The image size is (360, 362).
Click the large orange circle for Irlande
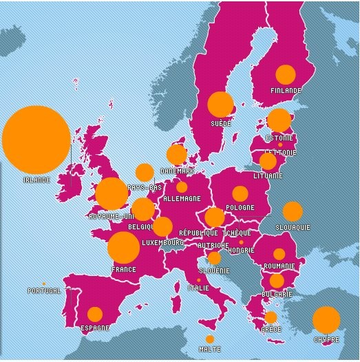pos(36,139)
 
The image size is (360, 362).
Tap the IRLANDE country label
pos(37,180)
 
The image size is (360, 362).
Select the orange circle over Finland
pos(285,74)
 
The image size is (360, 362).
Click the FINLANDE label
pos(285,90)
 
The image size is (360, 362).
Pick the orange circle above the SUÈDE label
pos(220,105)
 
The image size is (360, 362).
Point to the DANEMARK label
pos(176,171)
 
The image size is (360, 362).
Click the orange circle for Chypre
pos(326,320)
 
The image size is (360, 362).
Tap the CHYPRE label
pos(326,339)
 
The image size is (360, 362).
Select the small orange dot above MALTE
pos(210,339)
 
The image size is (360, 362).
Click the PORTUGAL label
pos(43,291)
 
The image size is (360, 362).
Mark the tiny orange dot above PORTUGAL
pos(43,284)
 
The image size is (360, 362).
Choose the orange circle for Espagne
pos(95,315)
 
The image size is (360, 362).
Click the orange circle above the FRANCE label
pos(123,248)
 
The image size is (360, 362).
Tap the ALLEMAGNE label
pos(182,199)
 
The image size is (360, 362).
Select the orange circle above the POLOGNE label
pos(240,194)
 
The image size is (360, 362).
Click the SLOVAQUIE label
pos(293,226)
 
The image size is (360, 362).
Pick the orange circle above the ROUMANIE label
pos(279,254)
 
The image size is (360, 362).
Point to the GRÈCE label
pos(271,330)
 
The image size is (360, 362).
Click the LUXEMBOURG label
pos(162,242)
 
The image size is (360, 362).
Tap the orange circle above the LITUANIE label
pos(268,162)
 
